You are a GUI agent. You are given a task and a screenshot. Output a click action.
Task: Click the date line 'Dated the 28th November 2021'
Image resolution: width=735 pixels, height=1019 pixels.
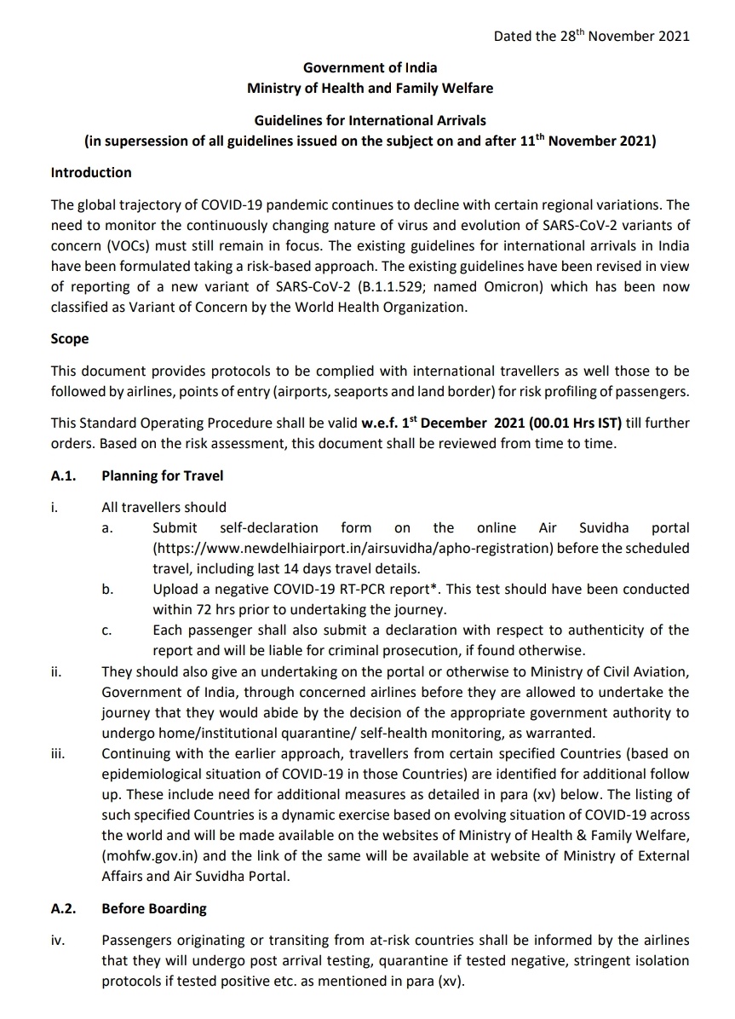tap(591, 36)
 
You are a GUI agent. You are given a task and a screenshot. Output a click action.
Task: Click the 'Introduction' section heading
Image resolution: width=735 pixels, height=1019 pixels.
tap(91, 172)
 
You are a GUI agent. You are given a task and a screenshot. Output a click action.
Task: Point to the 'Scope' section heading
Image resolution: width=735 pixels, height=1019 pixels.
tap(70, 338)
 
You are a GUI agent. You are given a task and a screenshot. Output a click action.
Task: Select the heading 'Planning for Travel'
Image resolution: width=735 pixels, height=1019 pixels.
tap(163, 475)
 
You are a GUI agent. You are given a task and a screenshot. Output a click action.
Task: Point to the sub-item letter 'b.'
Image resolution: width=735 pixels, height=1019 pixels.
tap(107, 590)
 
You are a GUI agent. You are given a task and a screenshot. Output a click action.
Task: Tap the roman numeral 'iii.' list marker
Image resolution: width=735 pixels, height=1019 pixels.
tap(58, 753)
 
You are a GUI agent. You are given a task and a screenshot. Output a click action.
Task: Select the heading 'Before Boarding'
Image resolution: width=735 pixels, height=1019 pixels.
tap(154, 909)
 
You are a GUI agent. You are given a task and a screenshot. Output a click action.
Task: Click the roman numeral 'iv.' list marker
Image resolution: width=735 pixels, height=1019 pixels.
tap(58, 941)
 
